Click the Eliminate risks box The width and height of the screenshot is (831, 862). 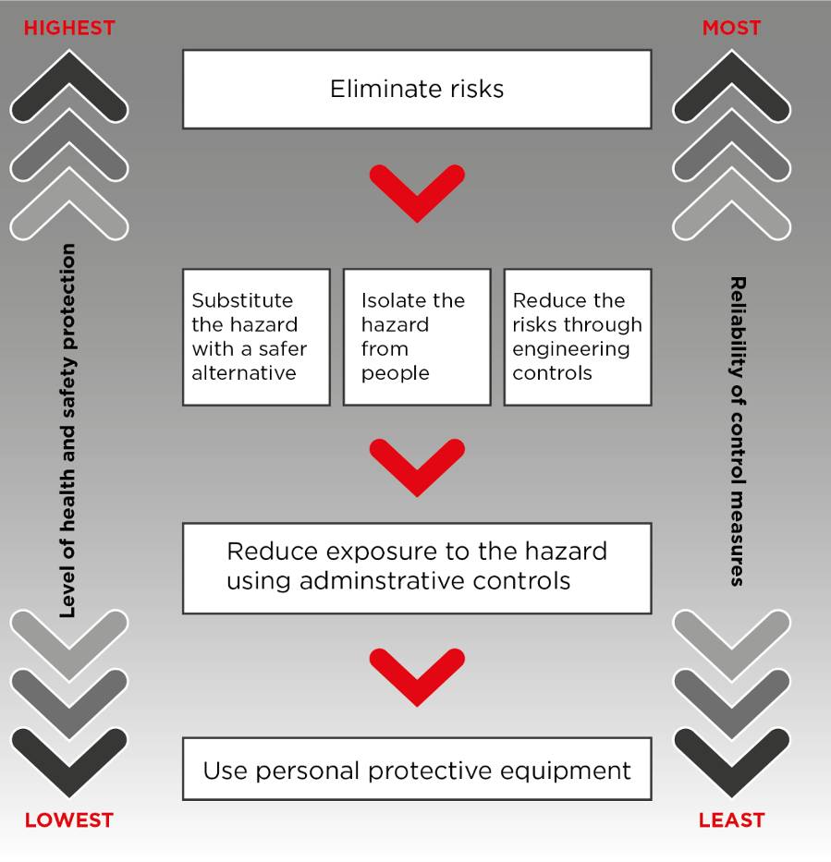(x=417, y=89)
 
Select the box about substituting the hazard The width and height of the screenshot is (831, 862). (x=256, y=337)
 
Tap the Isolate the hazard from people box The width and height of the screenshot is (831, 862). (x=417, y=337)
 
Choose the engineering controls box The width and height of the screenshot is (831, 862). (x=577, y=337)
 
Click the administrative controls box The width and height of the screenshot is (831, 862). (x=417, y=567)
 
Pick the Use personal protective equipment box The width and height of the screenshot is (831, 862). (x=417, y=770)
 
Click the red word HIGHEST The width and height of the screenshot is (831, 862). (x=69, y=28)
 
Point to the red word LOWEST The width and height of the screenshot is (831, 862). (x=69, y=820)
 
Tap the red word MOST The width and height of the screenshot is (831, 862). (x=731, y=28)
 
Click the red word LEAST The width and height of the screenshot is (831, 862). (x=731, y=820)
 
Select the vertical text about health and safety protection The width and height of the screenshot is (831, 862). (x=67, y=431)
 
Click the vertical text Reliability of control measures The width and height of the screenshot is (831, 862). (x=738, y=431)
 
